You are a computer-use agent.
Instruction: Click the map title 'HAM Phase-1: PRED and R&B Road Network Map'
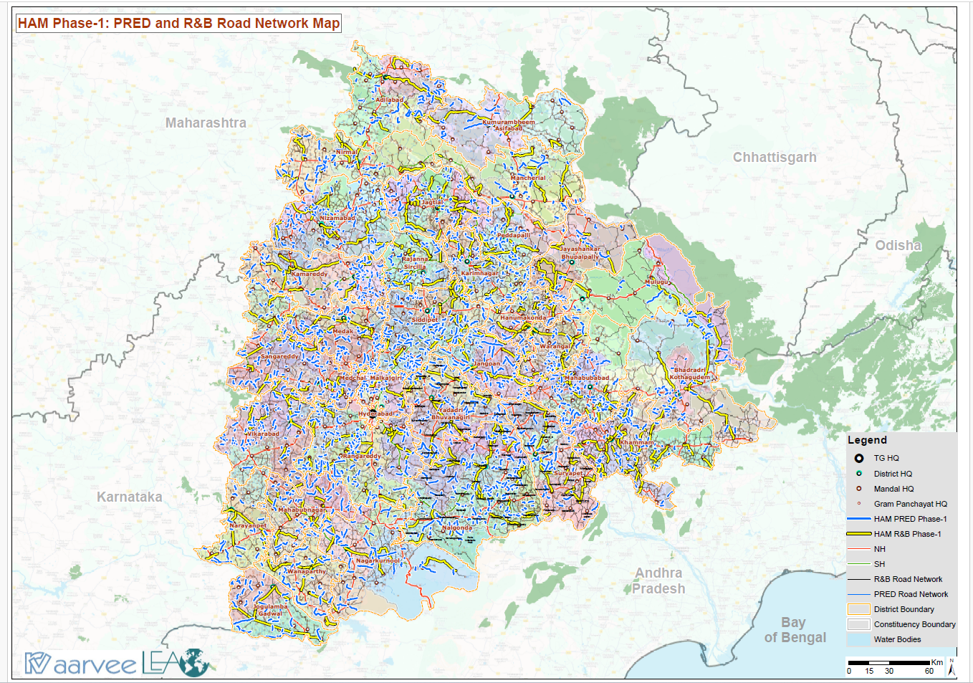[x=178, y=24]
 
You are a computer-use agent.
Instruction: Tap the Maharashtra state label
[x=206, y=123]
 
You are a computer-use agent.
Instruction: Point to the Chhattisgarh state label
[x=774, y=158]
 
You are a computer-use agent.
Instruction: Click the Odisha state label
[x=898, y=246]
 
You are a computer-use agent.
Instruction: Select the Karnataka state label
[x=129, y=497]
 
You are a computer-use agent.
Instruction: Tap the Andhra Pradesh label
[x=658, y=581]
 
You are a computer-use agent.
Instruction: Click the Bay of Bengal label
[x=795, y=630]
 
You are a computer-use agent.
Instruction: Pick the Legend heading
[x=867, y=440]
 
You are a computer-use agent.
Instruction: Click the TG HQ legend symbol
[x=858, y=458]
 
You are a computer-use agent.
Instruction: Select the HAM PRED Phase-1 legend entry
[x=909, y=519]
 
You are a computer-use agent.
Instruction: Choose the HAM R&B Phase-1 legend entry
[x=906, y=534]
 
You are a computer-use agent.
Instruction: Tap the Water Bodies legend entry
[x=896, y=639]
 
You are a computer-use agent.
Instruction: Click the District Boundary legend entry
[x=903, y=609]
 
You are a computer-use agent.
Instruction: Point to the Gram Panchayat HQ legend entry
[x=909, y=504]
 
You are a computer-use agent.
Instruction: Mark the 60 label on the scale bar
[x=929, y=672]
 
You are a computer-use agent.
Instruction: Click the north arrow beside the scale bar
[x=952, y=667]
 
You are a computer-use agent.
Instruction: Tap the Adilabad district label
[x=389, y=100]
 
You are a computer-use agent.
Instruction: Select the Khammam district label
[x=636, y=442]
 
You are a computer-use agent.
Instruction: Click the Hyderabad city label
[x=376, y=414]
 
